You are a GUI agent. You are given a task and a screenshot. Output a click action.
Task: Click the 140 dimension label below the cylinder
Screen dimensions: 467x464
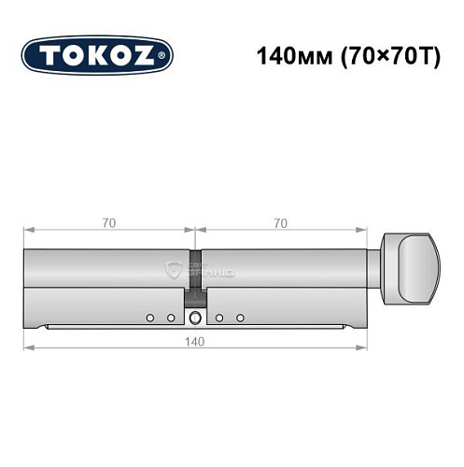[195, 341]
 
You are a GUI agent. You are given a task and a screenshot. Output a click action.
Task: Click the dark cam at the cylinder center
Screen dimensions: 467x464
[195, 298]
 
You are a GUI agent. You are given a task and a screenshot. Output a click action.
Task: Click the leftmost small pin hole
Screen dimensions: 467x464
[148, 318]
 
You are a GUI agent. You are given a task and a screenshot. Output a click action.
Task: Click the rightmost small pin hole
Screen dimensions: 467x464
[240, 318]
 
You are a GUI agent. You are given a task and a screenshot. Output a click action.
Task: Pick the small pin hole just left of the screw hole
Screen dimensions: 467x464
[171, 318]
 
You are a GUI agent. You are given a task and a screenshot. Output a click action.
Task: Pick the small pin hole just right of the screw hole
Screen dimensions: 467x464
[218, 318]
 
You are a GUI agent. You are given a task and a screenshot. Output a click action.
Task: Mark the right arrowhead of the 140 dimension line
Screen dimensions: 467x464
[363, 349]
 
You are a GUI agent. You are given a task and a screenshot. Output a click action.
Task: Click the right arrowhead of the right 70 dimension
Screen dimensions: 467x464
[363, 231]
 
